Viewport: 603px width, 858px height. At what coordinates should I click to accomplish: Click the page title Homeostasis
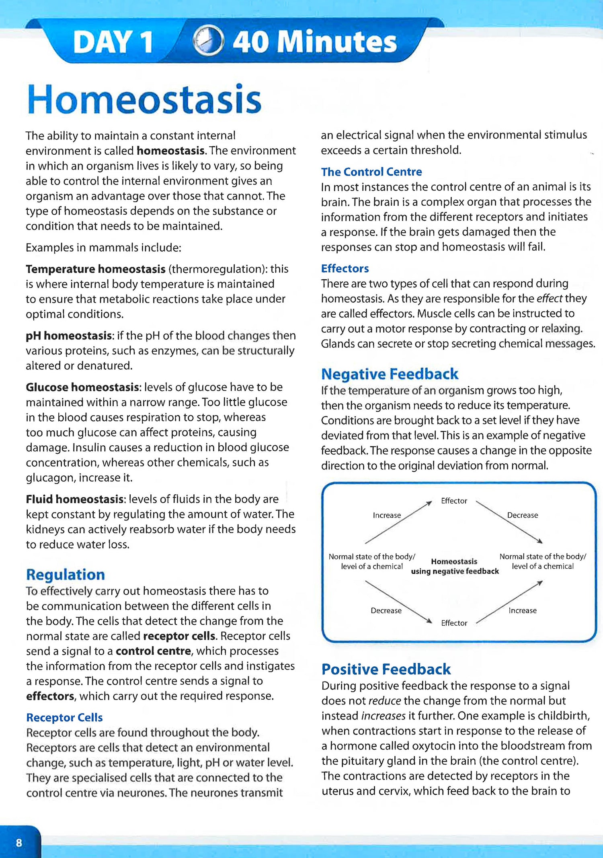pos(144,100)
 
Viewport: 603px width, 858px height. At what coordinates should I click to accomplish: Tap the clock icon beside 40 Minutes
pos(208,41)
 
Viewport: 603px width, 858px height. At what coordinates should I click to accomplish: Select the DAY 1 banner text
pos(113,42)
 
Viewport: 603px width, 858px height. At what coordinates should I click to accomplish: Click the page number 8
pos(19,842)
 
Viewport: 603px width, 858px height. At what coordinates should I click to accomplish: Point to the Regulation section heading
pos(66,575)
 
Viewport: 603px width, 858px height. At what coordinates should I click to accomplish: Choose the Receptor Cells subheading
pos(64,717)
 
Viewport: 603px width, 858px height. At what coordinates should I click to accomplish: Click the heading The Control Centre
pos(371,172)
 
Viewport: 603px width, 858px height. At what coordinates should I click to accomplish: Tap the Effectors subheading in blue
pos(345,268)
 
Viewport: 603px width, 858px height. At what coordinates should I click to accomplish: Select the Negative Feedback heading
pos(390,374)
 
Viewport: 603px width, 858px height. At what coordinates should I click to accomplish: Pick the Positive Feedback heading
pos(386,669)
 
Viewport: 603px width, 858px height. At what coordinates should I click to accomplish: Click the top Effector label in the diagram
pos(454,501)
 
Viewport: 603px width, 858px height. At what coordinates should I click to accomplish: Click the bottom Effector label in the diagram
pos(454,623)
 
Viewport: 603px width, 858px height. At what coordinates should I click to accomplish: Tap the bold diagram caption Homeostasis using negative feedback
pos(455,566)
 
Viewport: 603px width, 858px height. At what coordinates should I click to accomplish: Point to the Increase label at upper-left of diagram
pos(387,515)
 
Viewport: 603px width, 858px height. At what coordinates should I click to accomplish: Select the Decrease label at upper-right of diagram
pos(522,515)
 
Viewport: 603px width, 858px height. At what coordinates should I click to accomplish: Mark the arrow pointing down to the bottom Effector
pos(398,602)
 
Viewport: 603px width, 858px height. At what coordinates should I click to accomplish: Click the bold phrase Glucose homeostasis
pos(83,387)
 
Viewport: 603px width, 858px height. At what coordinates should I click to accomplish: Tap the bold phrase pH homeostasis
pos(69,336)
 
